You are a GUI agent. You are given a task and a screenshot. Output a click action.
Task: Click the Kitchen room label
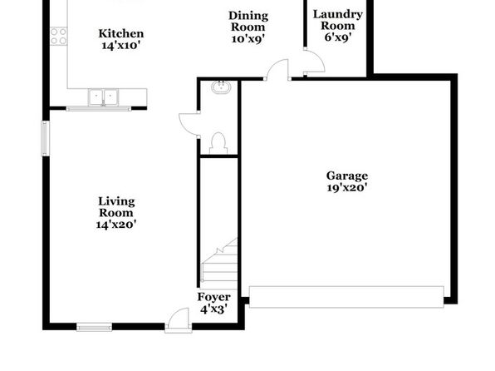[121, 39]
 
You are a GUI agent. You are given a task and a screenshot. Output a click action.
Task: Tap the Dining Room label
[248, 27]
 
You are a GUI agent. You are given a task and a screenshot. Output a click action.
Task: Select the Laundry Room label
[338, 26]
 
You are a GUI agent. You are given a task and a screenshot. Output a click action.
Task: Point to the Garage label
[347, 181]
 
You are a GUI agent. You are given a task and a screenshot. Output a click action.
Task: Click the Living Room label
[115, 213]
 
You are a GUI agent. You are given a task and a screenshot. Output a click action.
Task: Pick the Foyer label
[213, 303]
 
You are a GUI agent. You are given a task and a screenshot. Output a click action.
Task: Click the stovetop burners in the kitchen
[59, 37]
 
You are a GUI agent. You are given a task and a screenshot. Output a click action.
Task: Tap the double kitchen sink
[103, 97]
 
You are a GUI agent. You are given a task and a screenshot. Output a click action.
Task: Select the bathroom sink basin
[220, 87]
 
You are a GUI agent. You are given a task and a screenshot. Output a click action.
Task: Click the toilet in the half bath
[218, 144]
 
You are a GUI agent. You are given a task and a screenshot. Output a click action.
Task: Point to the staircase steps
[220, 260]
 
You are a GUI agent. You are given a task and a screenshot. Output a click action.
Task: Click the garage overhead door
[346, 297]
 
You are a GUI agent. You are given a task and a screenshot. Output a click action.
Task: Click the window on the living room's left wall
[46, 138]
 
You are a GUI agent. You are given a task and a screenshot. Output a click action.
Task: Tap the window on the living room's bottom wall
[95, 327]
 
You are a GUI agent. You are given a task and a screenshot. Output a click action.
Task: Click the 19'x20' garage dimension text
[347, 187]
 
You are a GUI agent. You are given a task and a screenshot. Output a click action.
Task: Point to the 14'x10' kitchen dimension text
[121, 45]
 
